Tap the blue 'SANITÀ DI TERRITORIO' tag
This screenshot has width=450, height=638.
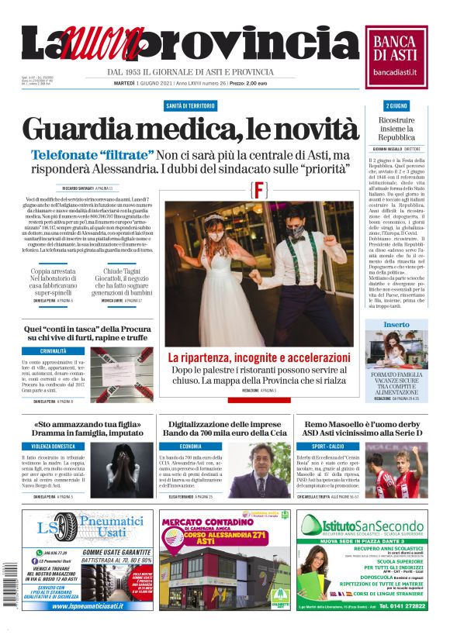(190, 105)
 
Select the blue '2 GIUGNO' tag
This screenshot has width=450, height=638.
(396, 105)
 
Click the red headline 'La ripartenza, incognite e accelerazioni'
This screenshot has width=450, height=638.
(258, 357)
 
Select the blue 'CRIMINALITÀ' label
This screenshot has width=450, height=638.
(54, 351)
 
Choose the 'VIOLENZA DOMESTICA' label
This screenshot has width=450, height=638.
(54, 447)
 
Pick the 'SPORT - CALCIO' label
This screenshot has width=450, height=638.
(330, 447)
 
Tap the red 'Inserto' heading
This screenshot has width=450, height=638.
(396, 324)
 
